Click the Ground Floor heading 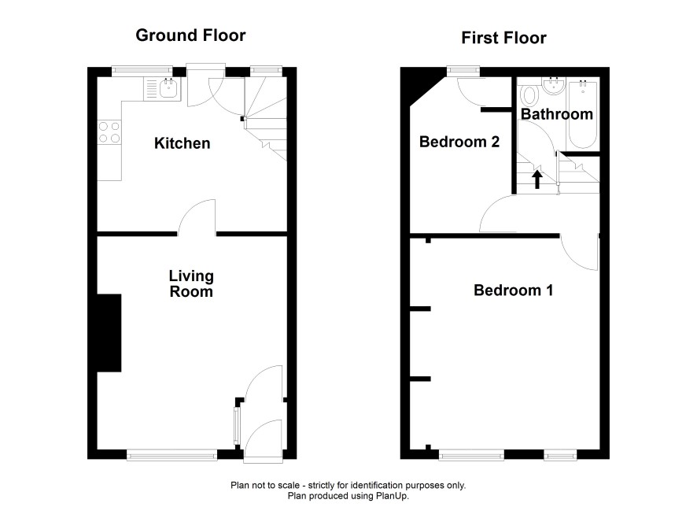click(x=190, y=35)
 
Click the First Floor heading click(x=503, y=38)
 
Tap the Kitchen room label click(x=183, y=143)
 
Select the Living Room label click(x=191, y=283)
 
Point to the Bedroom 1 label click(x=514, y=291)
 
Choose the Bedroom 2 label click(x=459, y=142)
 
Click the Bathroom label click(x=556, y=114)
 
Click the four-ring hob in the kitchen click(x=109, y=132)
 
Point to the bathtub click(x=582, y=114)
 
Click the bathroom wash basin click(x=553, y=85)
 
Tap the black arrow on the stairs click(x=537, y=179)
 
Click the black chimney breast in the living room click(x=109, y=333)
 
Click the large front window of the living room click(x=172, y=454)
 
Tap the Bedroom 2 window click(x=463, y=70)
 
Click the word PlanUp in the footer click(x=393, y=495)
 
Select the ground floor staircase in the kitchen click(x=265, y=118)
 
